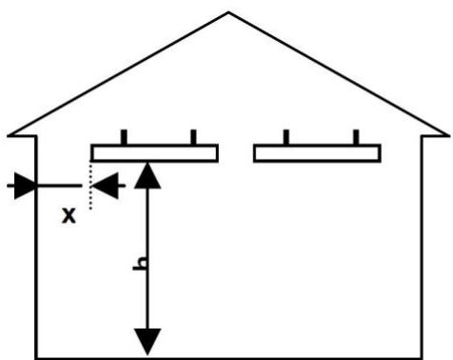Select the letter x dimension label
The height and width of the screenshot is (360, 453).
point(69,215)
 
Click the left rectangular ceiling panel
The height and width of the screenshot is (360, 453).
point(154,153)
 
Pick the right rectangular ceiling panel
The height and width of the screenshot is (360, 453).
point(317,153)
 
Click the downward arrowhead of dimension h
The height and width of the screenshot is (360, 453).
point(147,340)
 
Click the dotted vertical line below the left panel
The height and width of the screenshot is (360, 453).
point(89,186)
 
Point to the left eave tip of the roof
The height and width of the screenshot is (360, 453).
point(8,135)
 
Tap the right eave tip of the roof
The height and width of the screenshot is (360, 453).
point(447,135)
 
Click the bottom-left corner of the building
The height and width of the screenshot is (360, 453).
point(37,356)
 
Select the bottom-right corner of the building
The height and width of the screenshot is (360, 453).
point(420,356)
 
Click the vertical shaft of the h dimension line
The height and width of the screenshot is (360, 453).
point(147,238)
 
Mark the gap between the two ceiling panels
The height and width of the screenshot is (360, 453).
point(235,153)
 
